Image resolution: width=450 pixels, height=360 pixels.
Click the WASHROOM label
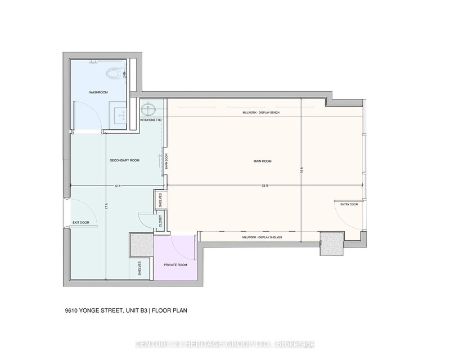coord(98,92)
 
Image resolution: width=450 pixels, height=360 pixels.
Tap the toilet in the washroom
coord(114,73)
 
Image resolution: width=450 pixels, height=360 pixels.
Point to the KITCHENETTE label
coord(151,120)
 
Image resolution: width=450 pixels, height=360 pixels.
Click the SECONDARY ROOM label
coord(124,160)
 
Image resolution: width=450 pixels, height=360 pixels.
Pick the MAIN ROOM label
coord(262,161)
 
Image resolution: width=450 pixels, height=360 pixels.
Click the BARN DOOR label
coord(166,162)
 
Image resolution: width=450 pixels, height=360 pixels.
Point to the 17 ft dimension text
coord(106,206)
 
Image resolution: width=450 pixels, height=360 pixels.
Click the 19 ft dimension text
coord(301,169)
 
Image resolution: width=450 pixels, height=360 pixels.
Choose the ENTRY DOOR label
coord(349,204)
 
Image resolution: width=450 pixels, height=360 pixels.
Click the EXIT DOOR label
coord(80,223)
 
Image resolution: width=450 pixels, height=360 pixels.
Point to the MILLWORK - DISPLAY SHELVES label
coord(262,237)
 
